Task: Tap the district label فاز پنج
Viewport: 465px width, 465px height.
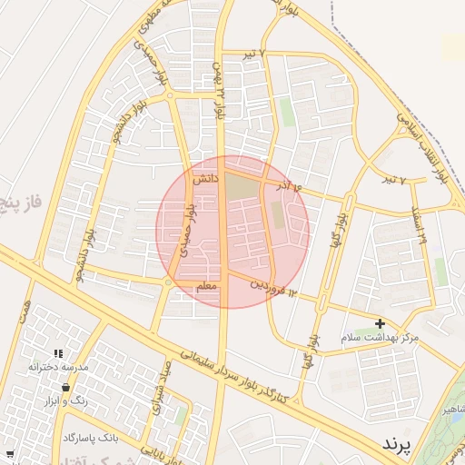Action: coord(19,193)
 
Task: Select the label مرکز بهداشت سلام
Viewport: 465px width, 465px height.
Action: coord(381,337)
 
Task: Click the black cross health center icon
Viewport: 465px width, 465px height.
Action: coord(380,323)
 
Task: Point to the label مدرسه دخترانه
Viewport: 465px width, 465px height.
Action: coord(57,367)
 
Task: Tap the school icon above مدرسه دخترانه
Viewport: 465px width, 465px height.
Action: coord(58,353)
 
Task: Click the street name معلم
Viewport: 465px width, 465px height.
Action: coord(207,287)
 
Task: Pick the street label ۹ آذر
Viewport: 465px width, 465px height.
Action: coord(286,186)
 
